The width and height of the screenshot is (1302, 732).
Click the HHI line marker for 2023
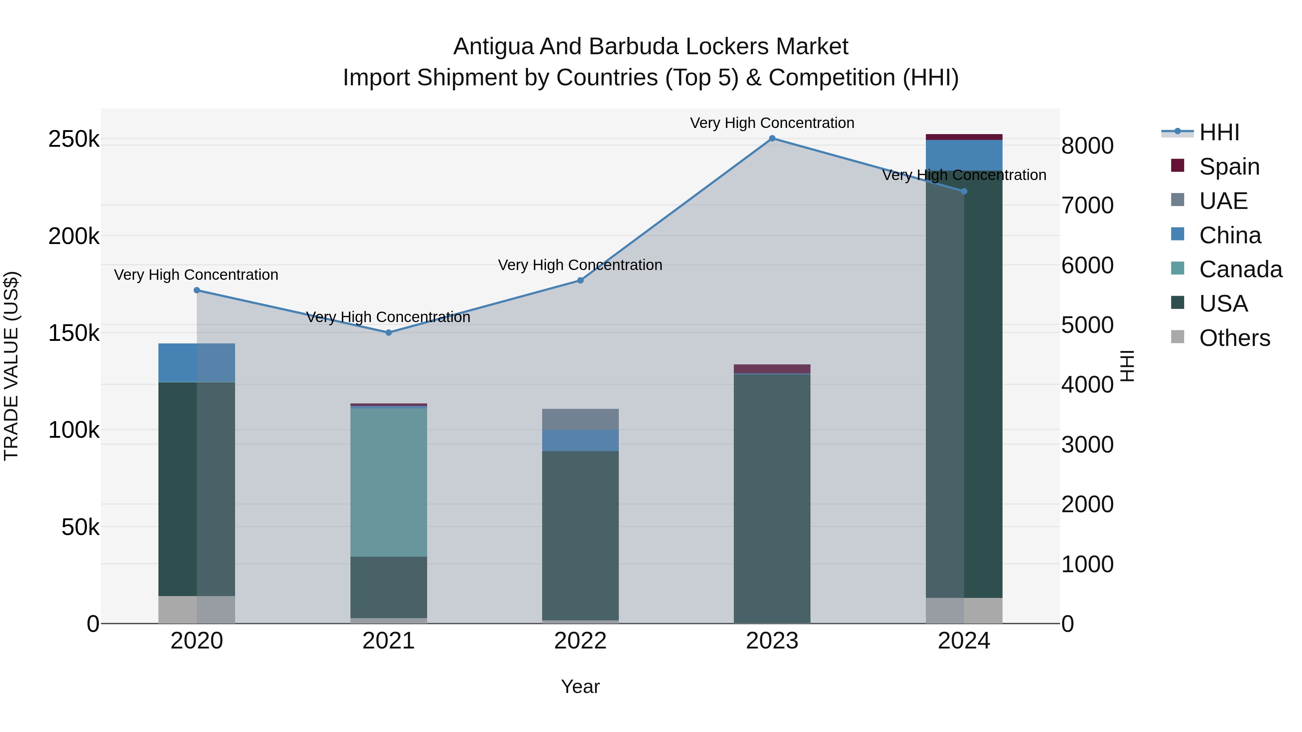pos(772,138)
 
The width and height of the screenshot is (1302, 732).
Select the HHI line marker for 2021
pos(388,333)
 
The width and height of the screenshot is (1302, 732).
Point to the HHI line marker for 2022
pos(580,281)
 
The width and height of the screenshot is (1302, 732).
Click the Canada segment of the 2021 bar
pos(388,483)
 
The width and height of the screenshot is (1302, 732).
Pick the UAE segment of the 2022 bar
pos(580,419)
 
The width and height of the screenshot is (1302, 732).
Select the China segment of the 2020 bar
pos(197,363)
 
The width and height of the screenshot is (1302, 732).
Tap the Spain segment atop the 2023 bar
pos(772,369)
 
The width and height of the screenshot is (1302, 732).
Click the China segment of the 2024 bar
pos(964,155)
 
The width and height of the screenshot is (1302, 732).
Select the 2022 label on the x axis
pos(580,641)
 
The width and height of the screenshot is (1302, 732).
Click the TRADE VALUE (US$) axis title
pos(11,366)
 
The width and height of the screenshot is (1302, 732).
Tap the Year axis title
pos(580,686)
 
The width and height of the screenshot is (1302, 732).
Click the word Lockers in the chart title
pos(717,47)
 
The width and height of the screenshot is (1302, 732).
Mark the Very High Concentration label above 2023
pos(772,123)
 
